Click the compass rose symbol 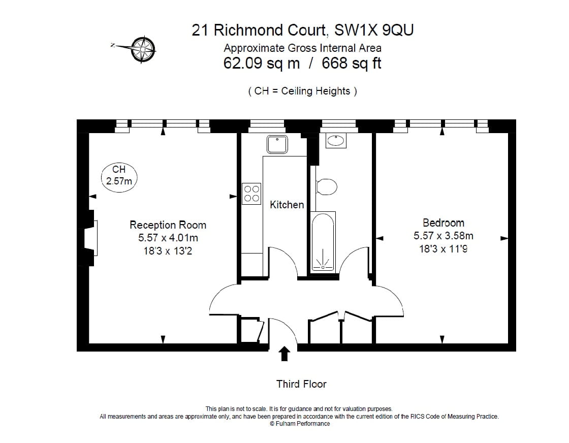tap(143, 49)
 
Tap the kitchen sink tap(277, 144)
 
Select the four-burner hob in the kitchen tap(252, 194)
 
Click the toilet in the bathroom tap(326, 187)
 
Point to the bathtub tap(323, 241)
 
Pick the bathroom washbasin tap(336, 141)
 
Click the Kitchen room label tap(287, 205)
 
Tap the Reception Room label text tap(168, 225)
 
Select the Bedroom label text tap(443, 223)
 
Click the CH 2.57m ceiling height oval tap(119, 176)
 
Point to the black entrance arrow tap(284, 354)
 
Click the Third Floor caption tap(301, 384)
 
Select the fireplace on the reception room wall tap(89, 238)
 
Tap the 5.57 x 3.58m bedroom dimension tap(443, 236)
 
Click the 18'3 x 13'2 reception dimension tap(168, 251)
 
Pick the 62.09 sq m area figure tap(262, 64)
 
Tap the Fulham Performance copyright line tap(300, 424)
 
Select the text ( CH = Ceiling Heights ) tap(302, 91)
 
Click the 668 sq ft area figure tap(349, 64)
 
